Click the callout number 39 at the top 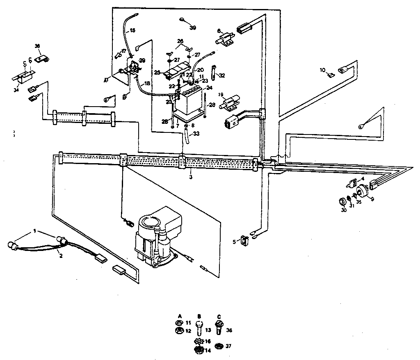coord(192,27)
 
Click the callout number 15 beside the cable coord(132,30)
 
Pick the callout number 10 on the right coord(322,70)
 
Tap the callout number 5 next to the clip coord(234,242)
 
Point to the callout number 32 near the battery coord(222,75)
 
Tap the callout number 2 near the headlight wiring coord(60,255)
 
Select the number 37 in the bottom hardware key coord(228,346)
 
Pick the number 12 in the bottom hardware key coord(188,330)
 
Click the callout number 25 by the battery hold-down coord(157,72)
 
